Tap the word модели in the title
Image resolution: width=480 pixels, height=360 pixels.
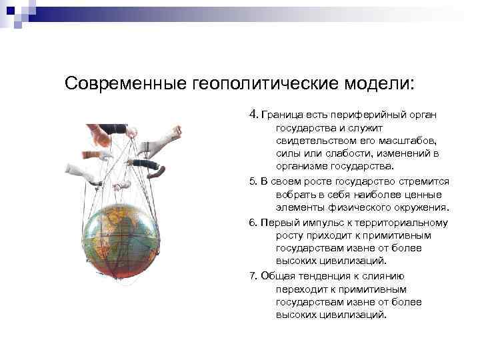[380, 85]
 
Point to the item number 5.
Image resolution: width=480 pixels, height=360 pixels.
[252, 181]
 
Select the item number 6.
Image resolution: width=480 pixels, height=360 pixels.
[252, 223]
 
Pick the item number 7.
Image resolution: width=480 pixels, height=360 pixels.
[252, 277]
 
